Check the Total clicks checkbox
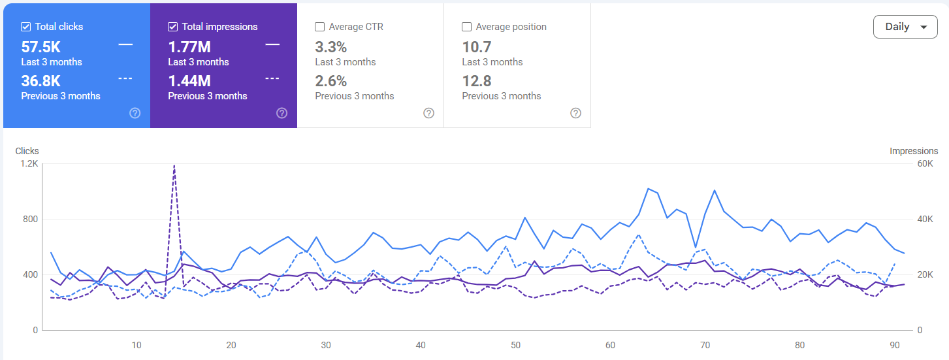click(x=26, y=27)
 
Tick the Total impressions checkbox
click(x=173, y=27)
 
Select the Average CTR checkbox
click(x=320, y=27)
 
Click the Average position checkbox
click(x=466, y=27)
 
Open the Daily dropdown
click(x=905, y=27)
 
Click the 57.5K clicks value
click(x=41, y=46)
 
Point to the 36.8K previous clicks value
click(x=41, y=80)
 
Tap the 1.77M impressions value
click(x=189, y=46)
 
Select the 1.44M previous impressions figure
click(x=189, y=80)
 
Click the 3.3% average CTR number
click(x=331, y=46)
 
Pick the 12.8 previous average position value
click(x=477, y=80)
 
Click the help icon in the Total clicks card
click(x=135, y=113)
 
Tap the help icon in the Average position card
click(x=576, y=113)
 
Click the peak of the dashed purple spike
click(x=174, y=165)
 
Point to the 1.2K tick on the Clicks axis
click(x=29, y=164)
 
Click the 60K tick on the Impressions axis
click(x=925, y=164)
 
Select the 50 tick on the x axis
click(x=515, y=345)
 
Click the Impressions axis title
click(x=914, y=151)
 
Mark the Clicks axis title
click(x=27, y=151)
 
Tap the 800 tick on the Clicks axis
click(x=31, y=220)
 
